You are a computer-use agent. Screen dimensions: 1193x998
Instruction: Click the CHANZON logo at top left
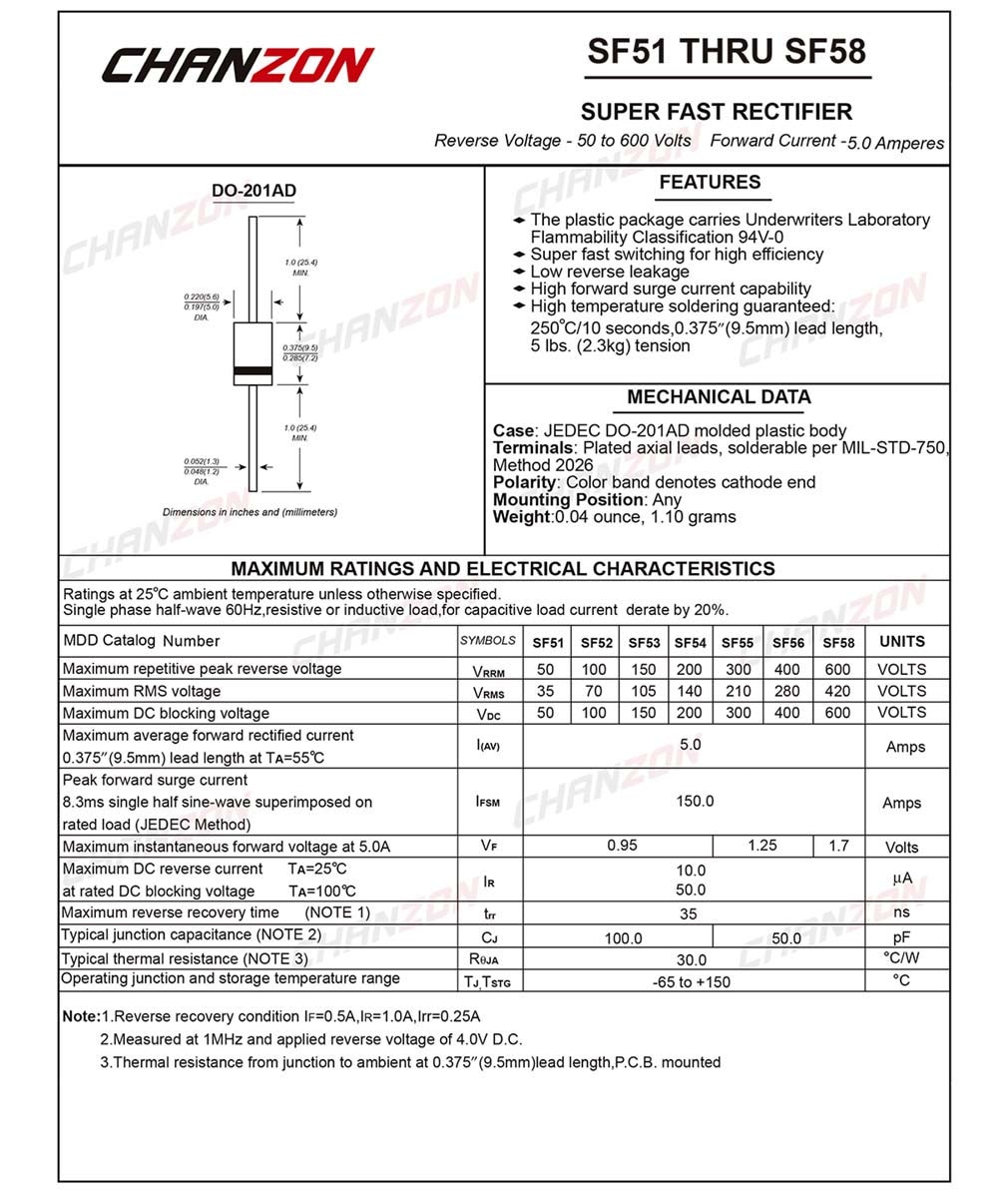[238, 65]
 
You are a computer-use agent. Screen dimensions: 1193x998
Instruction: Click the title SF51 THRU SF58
[727, 52]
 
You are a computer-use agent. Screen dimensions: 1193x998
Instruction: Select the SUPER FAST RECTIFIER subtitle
[717, 112]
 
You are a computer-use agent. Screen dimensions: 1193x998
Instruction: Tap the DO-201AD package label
[253, 192]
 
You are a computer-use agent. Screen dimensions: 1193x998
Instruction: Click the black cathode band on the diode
[253, 372]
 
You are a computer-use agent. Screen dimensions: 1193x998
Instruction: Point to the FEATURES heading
[710, 183]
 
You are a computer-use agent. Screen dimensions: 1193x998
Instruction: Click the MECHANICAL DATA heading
[719, 397]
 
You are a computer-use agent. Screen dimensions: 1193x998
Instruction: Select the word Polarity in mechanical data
[524, 482]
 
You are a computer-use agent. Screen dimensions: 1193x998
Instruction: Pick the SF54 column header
[690, 643]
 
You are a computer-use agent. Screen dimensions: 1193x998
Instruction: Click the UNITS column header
[902, 642]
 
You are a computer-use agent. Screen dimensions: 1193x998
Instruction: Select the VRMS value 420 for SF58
[837, 691]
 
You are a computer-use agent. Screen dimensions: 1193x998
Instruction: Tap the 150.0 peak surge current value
[695, 801]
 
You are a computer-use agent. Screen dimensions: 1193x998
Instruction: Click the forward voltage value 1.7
[838, 846]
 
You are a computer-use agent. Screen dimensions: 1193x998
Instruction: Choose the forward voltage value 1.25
[762, 846]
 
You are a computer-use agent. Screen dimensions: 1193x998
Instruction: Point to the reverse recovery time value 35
[689, 913]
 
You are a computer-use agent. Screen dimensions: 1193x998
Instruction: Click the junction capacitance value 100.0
[624, 938]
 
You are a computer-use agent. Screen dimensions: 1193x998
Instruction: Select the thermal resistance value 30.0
[691, 959]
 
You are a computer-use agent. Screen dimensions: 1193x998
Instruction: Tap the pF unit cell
[902, 936]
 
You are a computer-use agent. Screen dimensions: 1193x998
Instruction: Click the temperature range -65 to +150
[692, 982]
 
